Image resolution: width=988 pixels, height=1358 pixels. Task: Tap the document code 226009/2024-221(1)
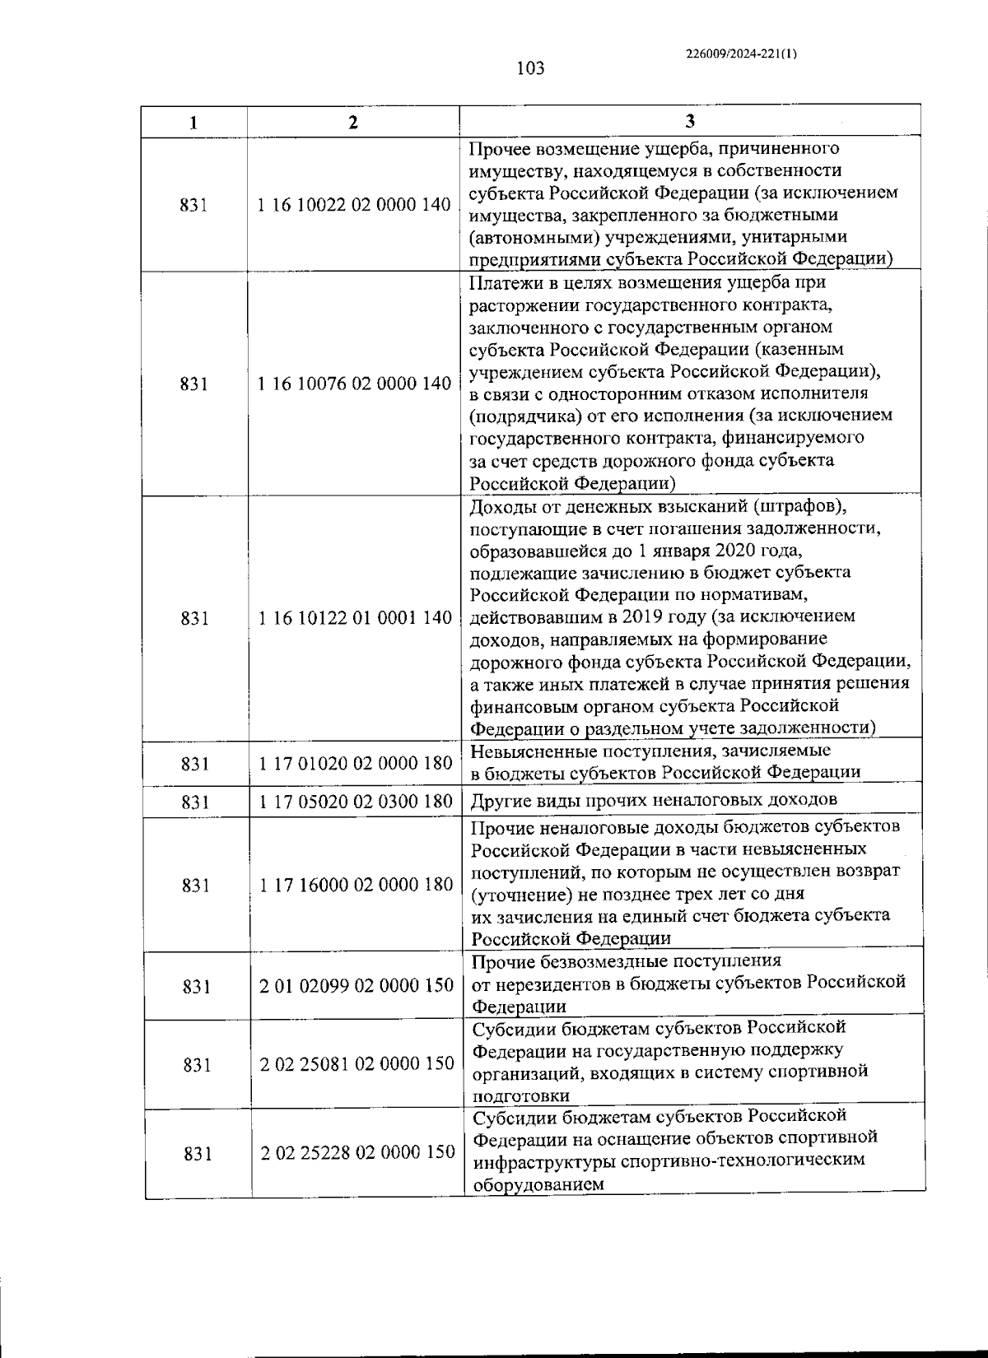tap(741, 53)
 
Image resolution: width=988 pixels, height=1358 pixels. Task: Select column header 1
tap(193, 123)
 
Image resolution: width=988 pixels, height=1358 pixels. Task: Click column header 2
tap(353, 123)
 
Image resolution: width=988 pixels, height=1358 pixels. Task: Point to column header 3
tap(690, 122)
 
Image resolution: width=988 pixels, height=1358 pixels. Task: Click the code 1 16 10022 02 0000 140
tap(354, 205)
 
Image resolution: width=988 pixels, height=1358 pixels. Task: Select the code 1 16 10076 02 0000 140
tap(354, 384)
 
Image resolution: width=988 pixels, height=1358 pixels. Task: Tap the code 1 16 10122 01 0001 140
tap(355, 618)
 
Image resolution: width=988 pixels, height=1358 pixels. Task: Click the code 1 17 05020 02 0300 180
tap(356, 802)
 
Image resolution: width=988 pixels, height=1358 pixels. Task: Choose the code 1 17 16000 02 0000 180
tap(356, 885)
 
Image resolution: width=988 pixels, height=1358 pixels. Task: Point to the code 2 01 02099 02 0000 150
tap(357, 985)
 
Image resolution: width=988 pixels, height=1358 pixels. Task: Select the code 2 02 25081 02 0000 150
tap(357, 1064)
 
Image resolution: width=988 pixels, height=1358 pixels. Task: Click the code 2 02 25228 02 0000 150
tap(357, 1152)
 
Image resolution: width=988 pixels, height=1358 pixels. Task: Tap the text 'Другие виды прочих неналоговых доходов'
tap(654, 800)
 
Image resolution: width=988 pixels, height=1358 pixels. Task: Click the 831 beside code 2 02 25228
tap(198, 1153)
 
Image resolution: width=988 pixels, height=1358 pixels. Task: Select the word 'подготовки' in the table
tap(520, 1096)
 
